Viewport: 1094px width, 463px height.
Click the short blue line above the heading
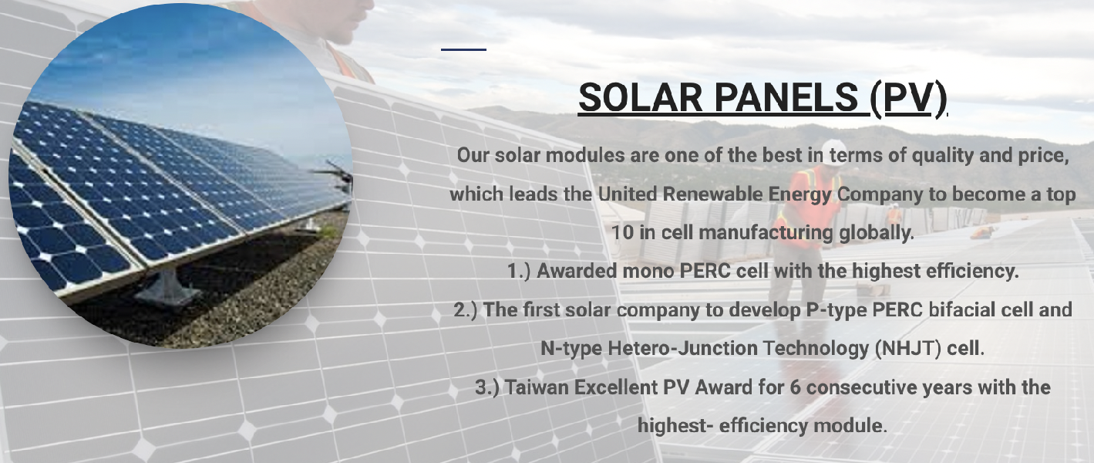coord(463,49)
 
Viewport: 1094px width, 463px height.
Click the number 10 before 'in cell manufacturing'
coord(622,232)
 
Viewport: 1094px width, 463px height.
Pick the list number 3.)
coord(487,387)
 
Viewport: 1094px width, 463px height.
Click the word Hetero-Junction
coord(682,349)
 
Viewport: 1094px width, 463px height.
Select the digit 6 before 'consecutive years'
coord(795,387)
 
